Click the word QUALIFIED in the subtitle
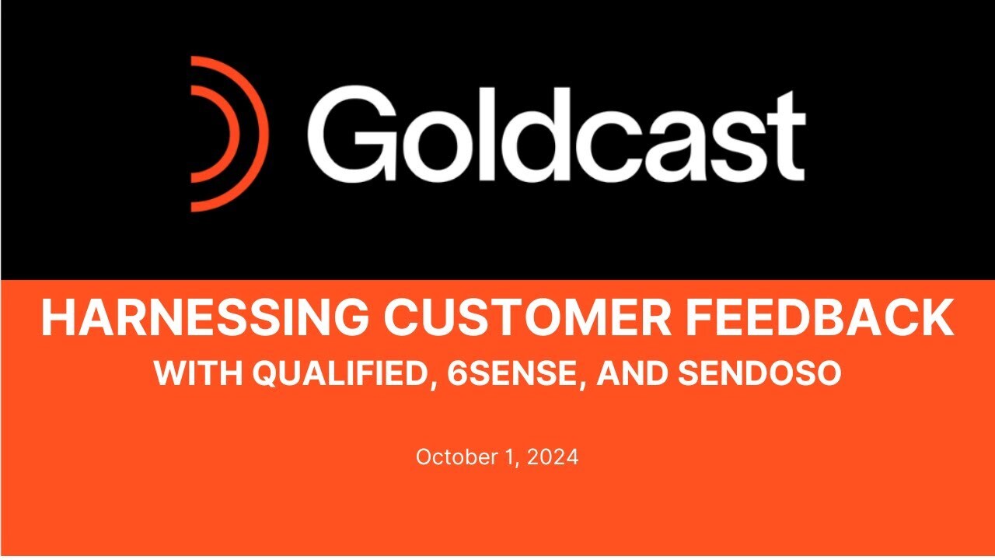pos(337,374)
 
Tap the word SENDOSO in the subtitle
pos(759,374)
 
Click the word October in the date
pos(449,457)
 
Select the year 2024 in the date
pos(553,457)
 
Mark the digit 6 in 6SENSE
pos(458,374)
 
